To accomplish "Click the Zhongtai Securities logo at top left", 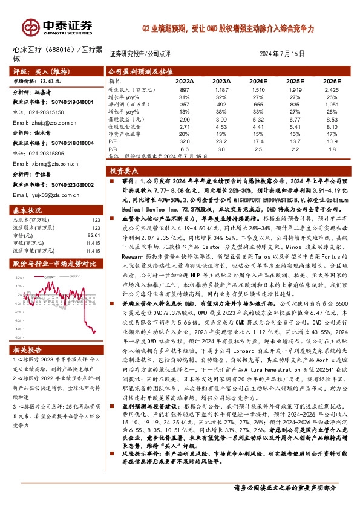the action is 58,27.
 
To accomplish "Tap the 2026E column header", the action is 332,81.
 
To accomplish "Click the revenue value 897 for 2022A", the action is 185,89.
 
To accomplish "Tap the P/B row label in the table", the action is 113,148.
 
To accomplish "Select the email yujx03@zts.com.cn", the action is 41,195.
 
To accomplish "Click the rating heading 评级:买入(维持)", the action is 37,71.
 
